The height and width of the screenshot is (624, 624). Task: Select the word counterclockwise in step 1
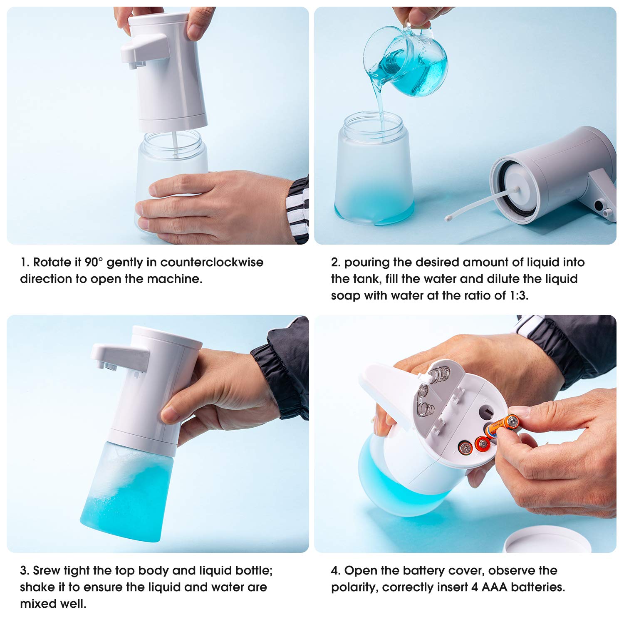point(212,262)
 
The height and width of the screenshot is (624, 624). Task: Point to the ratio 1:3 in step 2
point(518,296)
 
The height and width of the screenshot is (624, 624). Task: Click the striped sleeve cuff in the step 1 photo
point(298,208)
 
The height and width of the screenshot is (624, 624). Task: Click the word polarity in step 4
point(354,587)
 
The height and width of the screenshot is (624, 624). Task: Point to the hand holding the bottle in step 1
point(216,206)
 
